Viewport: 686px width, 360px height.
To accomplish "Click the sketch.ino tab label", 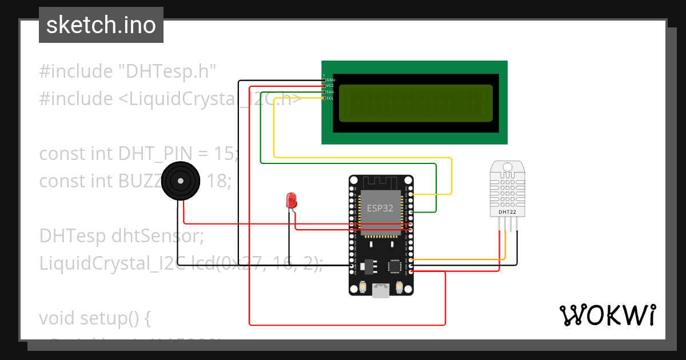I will point(101,25).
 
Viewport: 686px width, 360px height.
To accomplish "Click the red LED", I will point(291,201).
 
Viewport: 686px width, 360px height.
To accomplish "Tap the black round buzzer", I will point(181,181).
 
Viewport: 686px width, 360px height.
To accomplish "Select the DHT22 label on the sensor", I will point(508,211).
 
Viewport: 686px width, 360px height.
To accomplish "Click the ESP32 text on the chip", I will point(380,209).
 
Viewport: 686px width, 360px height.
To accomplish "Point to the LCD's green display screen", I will point(416,103).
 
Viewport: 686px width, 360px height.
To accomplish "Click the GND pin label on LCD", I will point(330,79).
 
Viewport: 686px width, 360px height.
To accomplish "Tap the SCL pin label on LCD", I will point(330,98).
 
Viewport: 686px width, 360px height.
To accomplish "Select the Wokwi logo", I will point(607,315).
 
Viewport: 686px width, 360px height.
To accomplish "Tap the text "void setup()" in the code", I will point(95,318).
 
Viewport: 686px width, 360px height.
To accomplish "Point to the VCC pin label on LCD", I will point(330,86).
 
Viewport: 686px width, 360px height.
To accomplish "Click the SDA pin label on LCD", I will point(330,92).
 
